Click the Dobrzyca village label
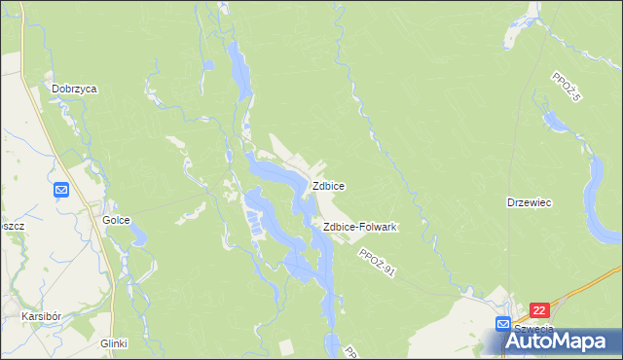75,88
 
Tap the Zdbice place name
327,185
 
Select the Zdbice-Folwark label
359,227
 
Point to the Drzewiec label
530,202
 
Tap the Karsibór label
43,317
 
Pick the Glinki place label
114,343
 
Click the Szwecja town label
532,328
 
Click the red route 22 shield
541,310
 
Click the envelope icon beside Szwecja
502,323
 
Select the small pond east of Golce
138,234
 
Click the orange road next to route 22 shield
584,290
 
